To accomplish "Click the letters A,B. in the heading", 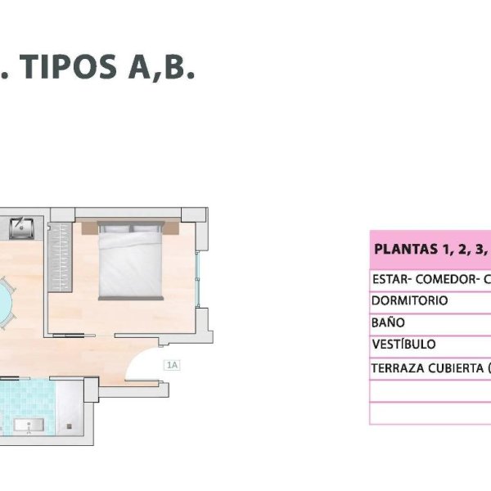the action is click(161, 68).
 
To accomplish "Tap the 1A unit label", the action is click(172, 365).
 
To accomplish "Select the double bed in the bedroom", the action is click(131, 260).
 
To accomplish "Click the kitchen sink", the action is click(21, 228).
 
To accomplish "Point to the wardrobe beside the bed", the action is click(60, 258).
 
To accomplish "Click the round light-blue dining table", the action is click(4, 303).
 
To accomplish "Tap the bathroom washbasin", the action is click(29, 425).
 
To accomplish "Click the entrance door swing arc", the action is click(137, 357).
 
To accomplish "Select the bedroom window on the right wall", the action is click(197, 279).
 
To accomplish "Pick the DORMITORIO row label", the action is click(409, 300).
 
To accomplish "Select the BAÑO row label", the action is click(388, 322).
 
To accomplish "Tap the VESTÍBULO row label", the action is click(403, 344).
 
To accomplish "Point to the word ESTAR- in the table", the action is click(392, 279).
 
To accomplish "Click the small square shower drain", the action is click(70, 426).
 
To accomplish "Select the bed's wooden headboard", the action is click(130, 228).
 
